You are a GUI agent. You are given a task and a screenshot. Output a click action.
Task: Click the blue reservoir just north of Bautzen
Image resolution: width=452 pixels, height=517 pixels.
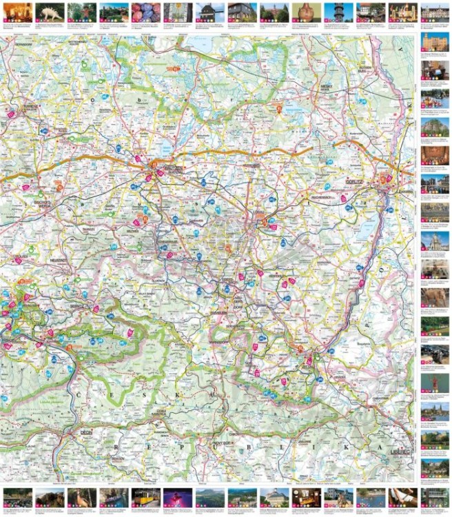click(x=167, y=148)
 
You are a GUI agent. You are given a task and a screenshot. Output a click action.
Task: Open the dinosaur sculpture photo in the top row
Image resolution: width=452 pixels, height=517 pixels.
click(x=52, y=11)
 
